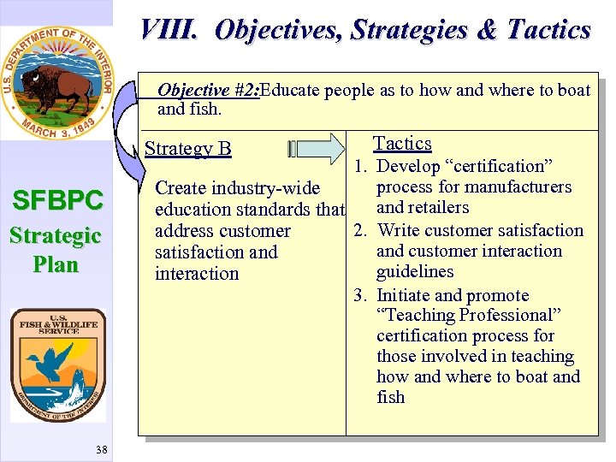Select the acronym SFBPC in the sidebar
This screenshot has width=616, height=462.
click(56, 201)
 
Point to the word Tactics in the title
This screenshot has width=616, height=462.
click(548, 31)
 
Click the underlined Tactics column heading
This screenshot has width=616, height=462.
click(402, 144)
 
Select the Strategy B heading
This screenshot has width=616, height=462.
click(187, 149)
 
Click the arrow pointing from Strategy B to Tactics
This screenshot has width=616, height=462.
click(325, 148)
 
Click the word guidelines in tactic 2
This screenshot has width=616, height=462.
click(415, 271)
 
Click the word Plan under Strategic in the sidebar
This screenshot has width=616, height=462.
click(56, 264)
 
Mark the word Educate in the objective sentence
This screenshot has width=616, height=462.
click(291, 91)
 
